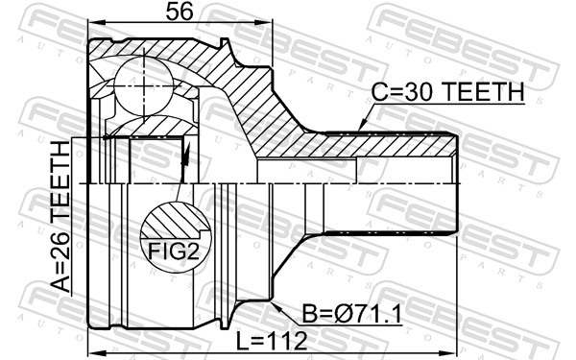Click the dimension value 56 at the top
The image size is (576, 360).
180,12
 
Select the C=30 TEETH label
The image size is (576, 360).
447,92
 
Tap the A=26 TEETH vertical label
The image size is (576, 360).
60,216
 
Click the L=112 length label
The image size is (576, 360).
272,341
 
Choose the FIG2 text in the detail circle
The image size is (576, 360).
174,252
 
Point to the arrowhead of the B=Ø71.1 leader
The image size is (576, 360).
276,307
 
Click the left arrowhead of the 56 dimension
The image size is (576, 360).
94,22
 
